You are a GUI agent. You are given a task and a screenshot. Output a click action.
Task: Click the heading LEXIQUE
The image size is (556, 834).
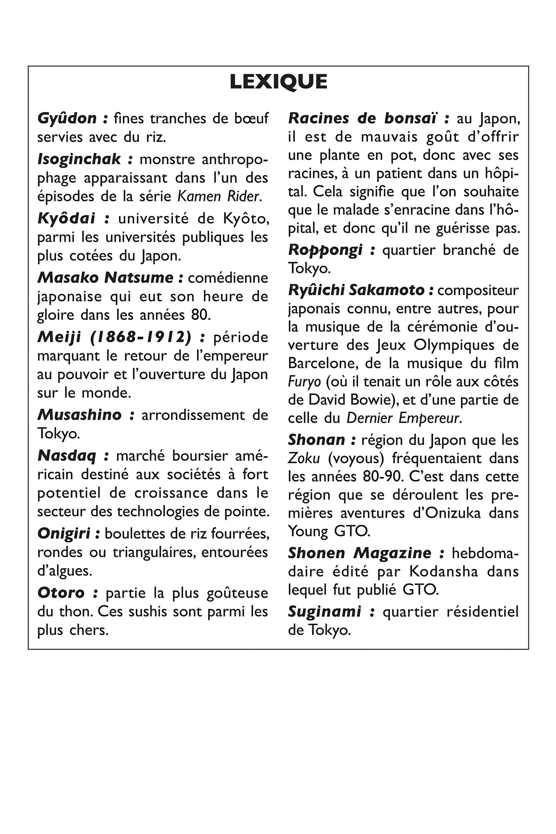(278, 82)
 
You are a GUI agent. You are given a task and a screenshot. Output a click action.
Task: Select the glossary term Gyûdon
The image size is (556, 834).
(67, 118)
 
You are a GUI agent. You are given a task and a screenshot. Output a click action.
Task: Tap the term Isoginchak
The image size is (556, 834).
(79, 159)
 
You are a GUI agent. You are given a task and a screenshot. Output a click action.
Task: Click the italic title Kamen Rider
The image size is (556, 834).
(219, 196)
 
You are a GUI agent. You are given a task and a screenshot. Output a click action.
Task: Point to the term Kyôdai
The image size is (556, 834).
(66, 218)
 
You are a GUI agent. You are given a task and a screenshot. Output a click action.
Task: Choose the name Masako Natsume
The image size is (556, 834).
(105, 278)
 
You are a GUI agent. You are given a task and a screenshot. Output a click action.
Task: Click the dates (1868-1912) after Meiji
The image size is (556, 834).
(140, 337)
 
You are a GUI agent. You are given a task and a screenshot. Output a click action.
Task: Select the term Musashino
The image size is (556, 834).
(79, 415)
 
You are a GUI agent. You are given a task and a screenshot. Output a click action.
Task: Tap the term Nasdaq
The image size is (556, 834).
(67, 456)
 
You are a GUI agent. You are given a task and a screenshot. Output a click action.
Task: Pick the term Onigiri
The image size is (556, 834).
(64, 534)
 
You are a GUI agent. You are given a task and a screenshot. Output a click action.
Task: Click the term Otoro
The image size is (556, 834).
(61, 593)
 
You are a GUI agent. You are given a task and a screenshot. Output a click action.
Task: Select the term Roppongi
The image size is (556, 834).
(325, 250)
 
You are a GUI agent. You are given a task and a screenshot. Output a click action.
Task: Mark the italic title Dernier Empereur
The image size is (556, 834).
(403, 418)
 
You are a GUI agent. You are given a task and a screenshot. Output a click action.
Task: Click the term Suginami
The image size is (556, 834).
(324, 612)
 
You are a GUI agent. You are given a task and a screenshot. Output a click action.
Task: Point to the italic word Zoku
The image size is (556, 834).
(304, 458)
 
